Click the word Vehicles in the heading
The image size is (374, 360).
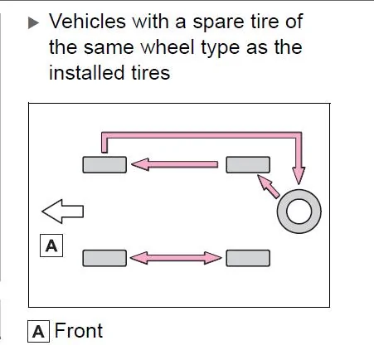(x=87, y=22)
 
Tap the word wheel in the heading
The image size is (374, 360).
(x=168, y=47)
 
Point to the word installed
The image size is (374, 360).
(x=86, y=73)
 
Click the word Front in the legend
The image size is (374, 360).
(x=79, y=330)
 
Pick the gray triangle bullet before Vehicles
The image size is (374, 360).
(x=33, y=22)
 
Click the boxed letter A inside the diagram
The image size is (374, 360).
(x=51, y=246)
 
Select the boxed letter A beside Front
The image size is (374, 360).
(x=38, y=331)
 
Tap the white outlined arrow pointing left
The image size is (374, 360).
(x=63, y=212)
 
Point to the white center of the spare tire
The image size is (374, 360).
(x=299, y=212)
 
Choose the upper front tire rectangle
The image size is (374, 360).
(x=104, y=165)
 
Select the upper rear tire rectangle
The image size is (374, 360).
(x=248, y=165)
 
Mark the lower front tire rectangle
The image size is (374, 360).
(x=104, y=258)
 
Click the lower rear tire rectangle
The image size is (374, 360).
(x=248, y=258)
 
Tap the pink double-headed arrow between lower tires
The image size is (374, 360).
(x=176, y=258)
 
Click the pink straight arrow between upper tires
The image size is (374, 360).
(x=174, y=164)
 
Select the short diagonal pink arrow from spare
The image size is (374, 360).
(x=268, y=186)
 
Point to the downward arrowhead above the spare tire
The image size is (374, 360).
(x=299, y=175)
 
